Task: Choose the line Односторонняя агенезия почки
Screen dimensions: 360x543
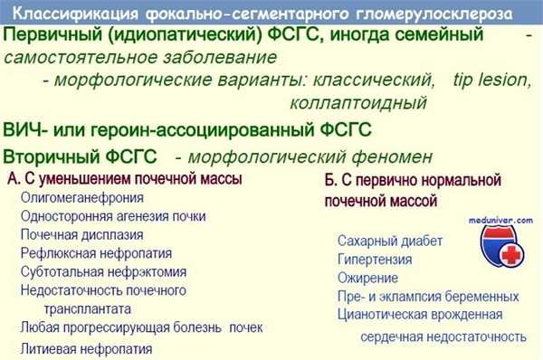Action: click(113, 216)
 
